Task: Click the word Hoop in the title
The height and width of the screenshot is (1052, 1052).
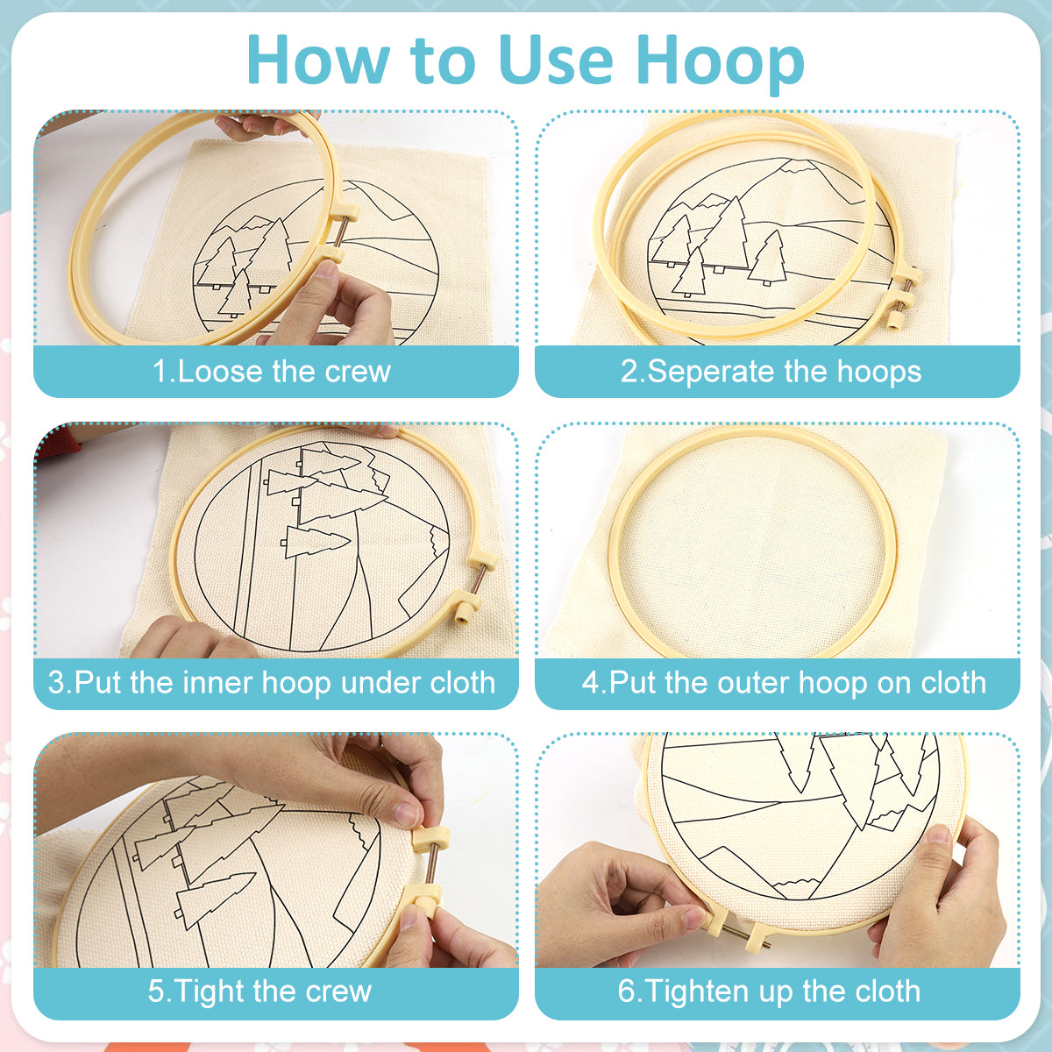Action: (x=720, y=62)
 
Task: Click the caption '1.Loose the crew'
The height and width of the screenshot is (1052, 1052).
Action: (x=271, y=372)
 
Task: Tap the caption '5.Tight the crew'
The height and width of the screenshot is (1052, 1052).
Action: (x=259, y=991)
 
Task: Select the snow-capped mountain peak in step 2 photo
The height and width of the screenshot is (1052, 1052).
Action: (x=794, y=166)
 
